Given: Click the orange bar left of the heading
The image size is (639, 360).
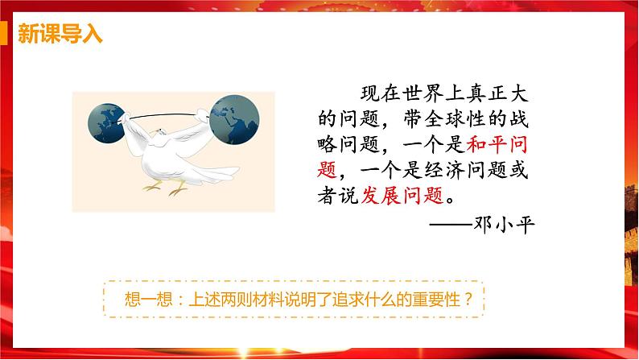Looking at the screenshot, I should tap(10, 35).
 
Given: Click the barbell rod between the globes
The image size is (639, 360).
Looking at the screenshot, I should tap(173, 118).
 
